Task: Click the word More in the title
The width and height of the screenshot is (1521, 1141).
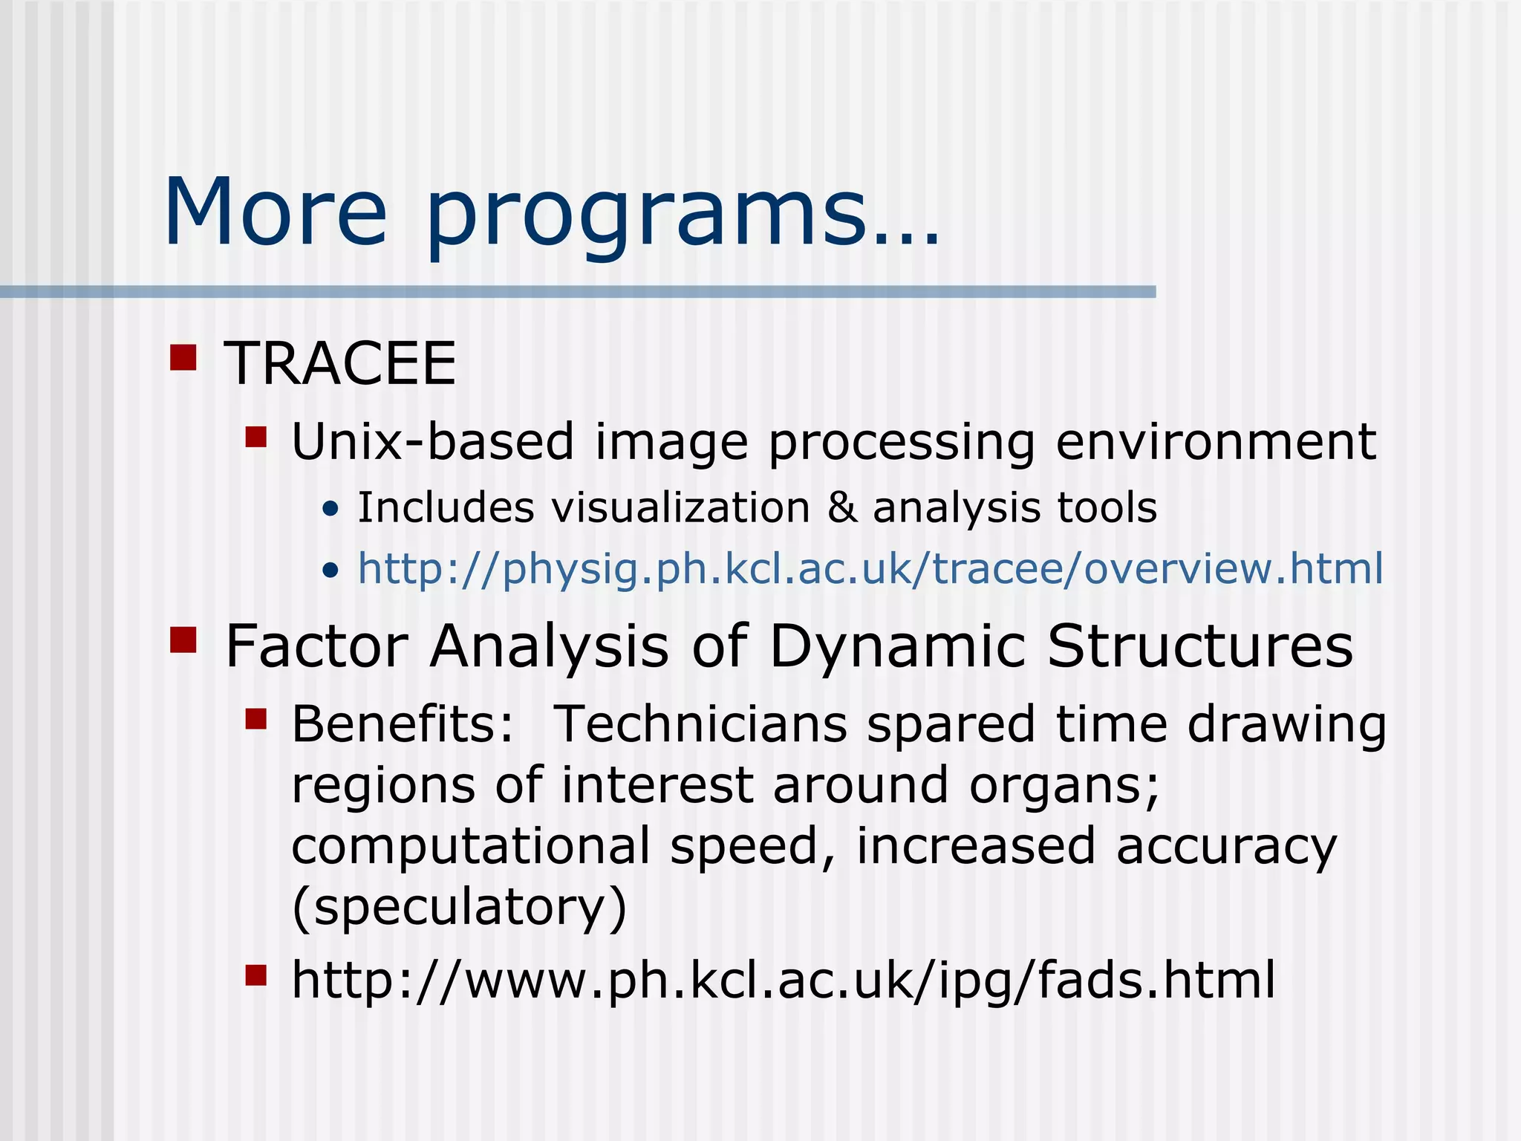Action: click(275, 212)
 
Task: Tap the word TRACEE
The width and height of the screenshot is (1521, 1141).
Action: click(340, 363)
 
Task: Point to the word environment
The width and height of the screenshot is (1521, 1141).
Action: click(1215, 441)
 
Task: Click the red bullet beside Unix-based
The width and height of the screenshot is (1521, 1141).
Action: click(256, 437)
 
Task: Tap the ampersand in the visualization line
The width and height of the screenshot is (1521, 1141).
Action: click(841, 508)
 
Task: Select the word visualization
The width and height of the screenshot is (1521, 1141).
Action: click(680, 508)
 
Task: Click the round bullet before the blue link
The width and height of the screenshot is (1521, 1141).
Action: click(330, 570)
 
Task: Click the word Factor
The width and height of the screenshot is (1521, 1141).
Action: click(316, 646)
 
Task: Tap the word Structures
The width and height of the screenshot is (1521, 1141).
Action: click(1199, 646)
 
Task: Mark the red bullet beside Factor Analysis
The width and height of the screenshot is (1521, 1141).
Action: click(183, 640)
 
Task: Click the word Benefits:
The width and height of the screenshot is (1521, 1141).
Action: click(402, 724)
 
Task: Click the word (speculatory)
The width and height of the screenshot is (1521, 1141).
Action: click(460, 908)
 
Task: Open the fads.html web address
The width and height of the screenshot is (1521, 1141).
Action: click(784, 980)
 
